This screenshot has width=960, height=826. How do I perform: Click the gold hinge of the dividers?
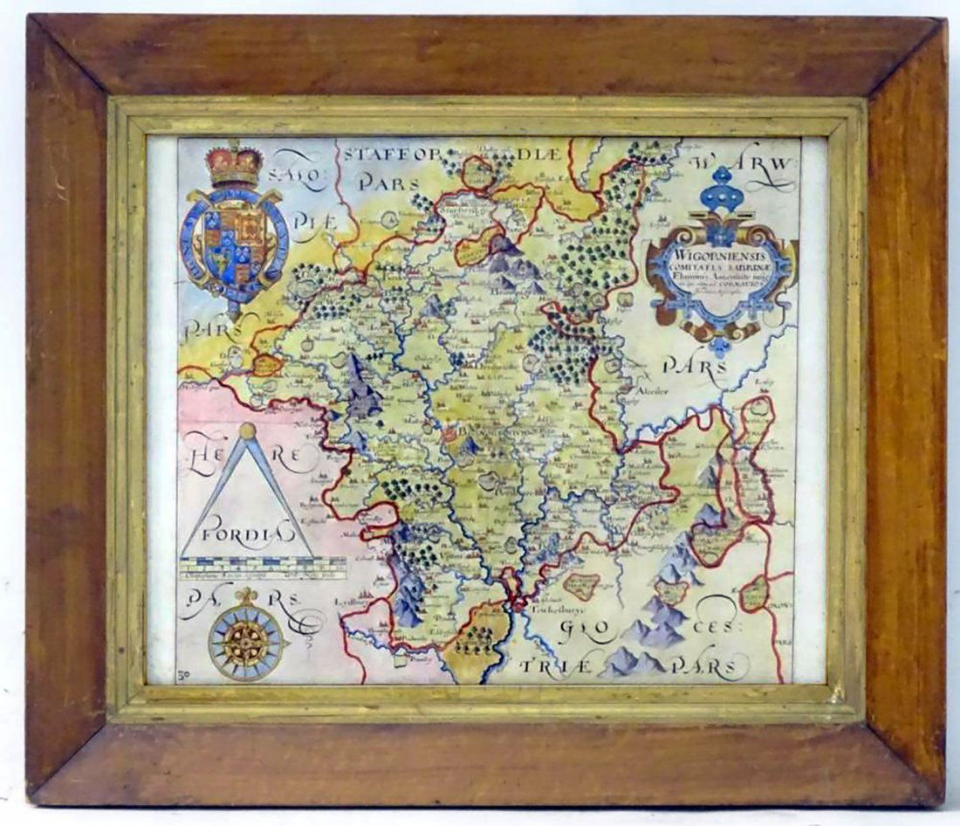(249, 431)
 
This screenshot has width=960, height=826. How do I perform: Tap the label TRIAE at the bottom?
(555, 666)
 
